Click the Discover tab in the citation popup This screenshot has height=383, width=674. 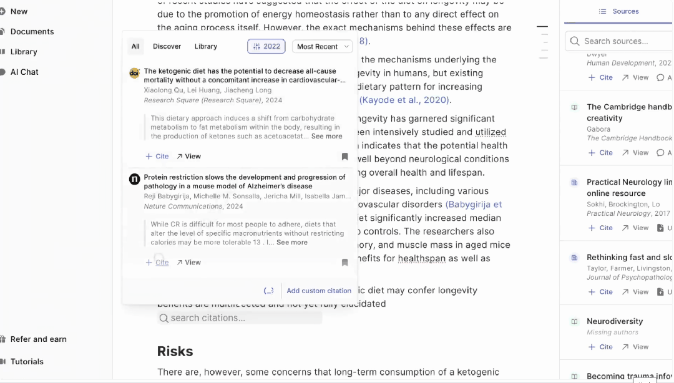(167, 46)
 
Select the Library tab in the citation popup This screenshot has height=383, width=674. (206, 46)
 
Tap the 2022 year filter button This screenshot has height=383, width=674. (266, 46)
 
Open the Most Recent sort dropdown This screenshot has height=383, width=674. (322, 46)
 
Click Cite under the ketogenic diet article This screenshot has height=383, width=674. (157, 157)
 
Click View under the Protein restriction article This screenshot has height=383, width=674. (188, 263)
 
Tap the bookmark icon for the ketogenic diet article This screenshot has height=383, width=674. (344, 157)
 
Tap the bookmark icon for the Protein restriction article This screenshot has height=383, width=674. (344, 263)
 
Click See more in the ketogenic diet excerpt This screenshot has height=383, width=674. (327, 136)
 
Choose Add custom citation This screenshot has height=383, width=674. (319, 291)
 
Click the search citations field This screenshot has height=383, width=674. (240, 318)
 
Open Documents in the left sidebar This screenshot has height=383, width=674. (32, 32)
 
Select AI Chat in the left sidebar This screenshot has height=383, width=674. (24, 72)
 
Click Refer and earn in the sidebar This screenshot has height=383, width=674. (38, 339)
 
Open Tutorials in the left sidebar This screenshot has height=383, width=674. (27, 362)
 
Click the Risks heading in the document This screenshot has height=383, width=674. (175, 351)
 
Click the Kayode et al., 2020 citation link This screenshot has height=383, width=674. (405, 100)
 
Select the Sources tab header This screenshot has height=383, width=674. (619, 11)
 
